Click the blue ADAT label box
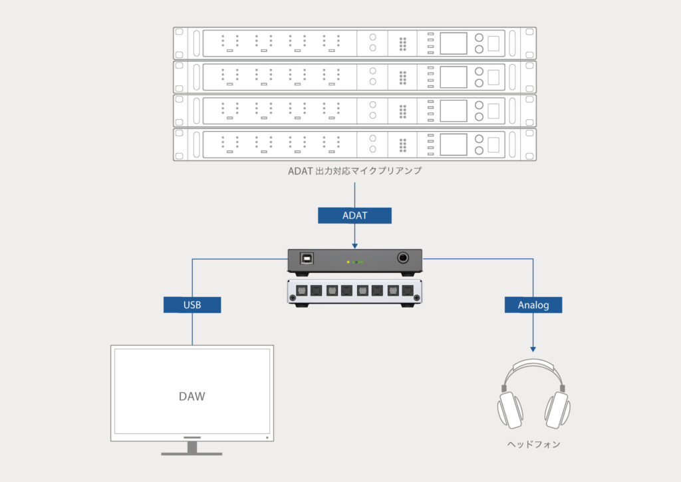(x=354, y=216)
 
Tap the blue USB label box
(x=192, y=305)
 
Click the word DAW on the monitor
(x=192, y=396)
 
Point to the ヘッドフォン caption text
(x=534, y=444)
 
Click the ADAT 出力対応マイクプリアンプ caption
(x=354, y=171)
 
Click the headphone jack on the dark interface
(x=404, y=258)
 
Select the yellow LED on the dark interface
(x=348, y=262)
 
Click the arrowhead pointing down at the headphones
(x=533, y=348)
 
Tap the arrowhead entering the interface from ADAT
(x=354, y=244)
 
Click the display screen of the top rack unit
(x=453, y=44)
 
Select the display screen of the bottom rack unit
(x=453, y=144)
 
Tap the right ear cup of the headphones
(x=557, y=409)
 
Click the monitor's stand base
(x=192, y=453)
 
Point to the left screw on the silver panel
(x=290, y=301)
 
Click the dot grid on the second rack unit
(x=402, y=77)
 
